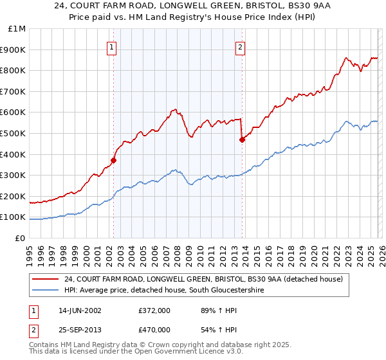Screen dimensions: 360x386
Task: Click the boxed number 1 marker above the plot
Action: point(112,47)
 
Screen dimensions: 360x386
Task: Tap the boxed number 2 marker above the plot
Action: point(240,47)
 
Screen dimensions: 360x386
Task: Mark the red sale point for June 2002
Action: point(113,160)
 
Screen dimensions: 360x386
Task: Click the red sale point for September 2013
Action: point(242,139)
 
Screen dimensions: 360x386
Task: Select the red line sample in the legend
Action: point(46,279)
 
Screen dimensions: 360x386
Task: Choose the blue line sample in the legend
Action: point(46,291)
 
